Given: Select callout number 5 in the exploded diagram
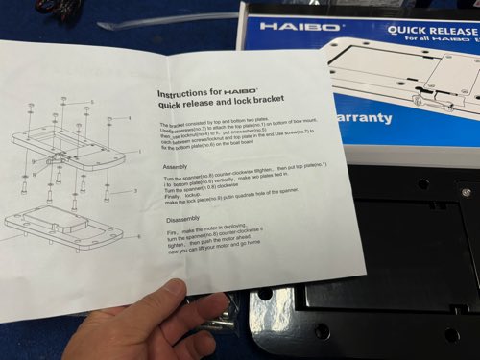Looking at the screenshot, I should click(x=92, y=101).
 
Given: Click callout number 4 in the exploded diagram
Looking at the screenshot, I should click(x=129, y=118).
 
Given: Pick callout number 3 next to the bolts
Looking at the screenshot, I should click(x=134, y=191).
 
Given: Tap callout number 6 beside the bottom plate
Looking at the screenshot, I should click(x=139, y=235).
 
